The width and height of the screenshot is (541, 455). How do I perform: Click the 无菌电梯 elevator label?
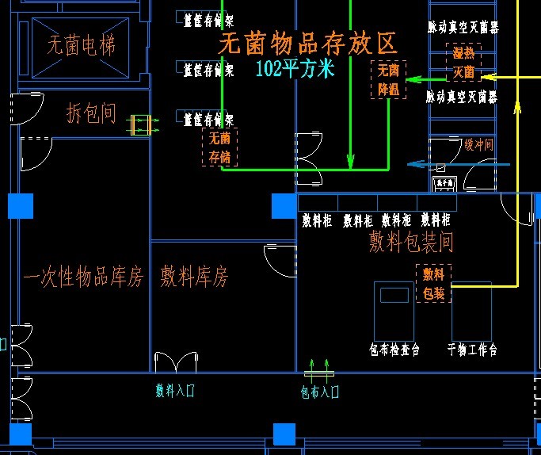click(x=81, y=46)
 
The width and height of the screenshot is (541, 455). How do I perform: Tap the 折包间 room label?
click(x=91, y=114)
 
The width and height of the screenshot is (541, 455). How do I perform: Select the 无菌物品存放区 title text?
click(x=307, y=43)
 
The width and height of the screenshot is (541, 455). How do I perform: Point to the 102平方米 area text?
click(x=295, y=69)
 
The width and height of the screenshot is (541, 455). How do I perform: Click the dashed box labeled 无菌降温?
click(x=389, y=80)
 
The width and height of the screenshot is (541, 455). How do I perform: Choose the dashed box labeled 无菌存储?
click(x=219, y=147)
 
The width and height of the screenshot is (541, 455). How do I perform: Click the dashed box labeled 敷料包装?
click(x=433, y=284)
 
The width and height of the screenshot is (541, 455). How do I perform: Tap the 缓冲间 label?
click(x=478, y=144)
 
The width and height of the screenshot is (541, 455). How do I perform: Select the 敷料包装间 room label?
click(x=411, y=243)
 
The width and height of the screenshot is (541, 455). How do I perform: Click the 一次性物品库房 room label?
click(x=83, y=277)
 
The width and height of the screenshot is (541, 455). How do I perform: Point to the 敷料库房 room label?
click(x=194, y=277)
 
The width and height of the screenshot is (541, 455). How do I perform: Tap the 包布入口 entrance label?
click(x=319, y=391)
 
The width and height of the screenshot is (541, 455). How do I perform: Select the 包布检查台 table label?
click(x=394, y=349)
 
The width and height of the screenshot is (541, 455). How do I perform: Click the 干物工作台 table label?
click(x=472, y=349)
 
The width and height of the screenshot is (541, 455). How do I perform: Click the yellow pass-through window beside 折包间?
click(x=140, y=124)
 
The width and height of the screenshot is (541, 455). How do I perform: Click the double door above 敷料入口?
click(x=175, y=363)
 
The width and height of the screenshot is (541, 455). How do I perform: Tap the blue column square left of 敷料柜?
click(x=283, y=206)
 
